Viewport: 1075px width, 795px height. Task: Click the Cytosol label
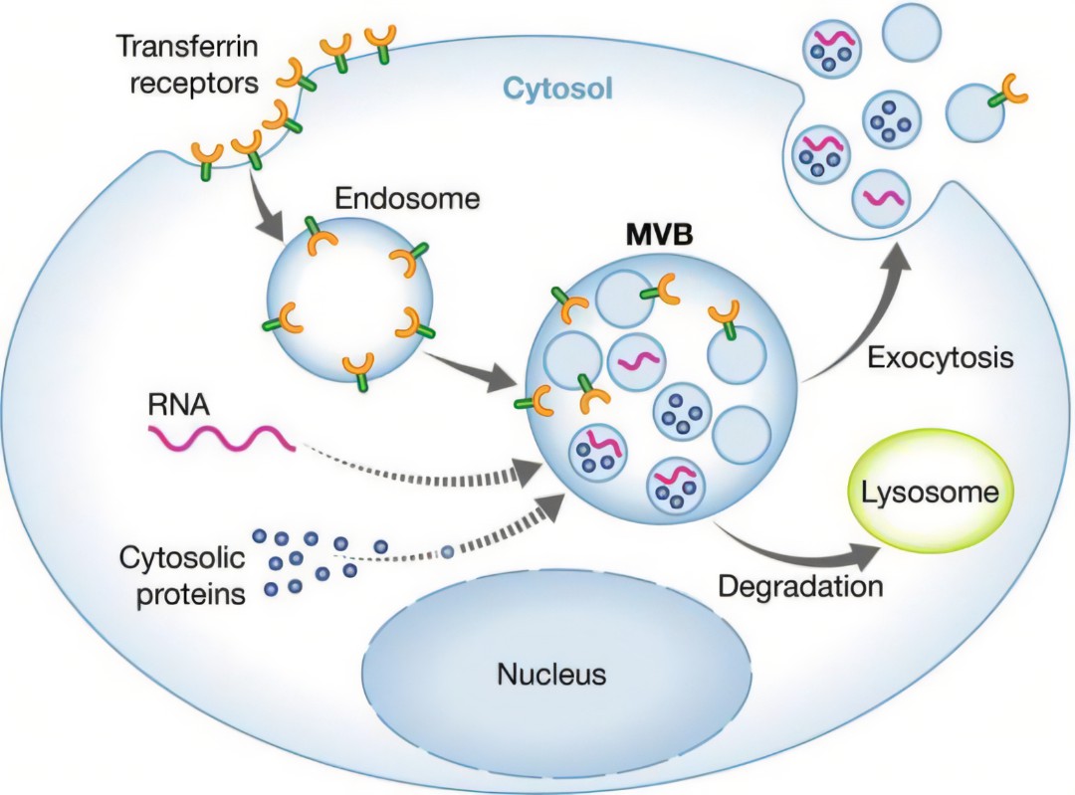(557, 90)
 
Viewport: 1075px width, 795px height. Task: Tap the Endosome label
(407, 198)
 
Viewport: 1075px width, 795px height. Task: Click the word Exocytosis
(941, 357)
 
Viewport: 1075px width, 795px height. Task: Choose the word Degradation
(800, 586)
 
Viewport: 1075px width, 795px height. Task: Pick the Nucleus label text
(551, 676)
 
